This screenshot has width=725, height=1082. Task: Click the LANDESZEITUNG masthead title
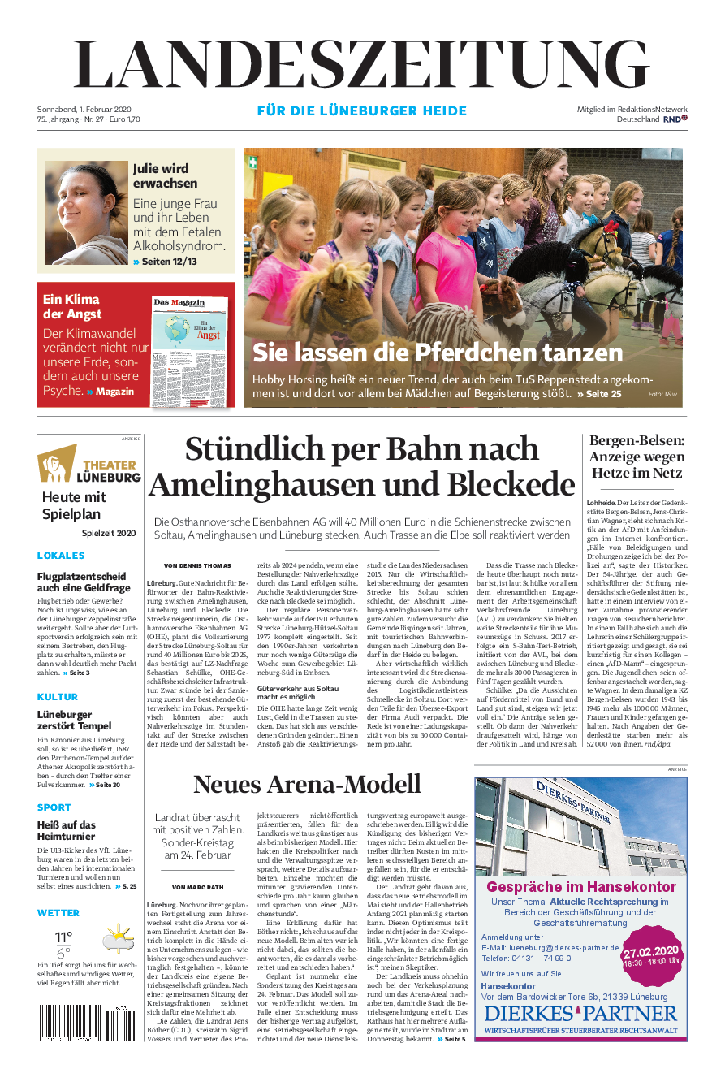coord(362,65)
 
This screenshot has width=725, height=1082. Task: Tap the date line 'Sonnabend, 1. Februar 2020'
coord(84,109)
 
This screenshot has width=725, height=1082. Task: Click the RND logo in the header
coord(675,119)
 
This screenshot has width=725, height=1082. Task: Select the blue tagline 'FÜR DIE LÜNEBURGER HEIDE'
coord(362,110)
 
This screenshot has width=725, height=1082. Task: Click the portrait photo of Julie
coord(86,211)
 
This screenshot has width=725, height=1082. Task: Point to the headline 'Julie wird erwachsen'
coord(166,175)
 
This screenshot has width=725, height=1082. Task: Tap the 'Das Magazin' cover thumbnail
coord(191,346)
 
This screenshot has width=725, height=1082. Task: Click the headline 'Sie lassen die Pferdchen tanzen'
coord(437,352)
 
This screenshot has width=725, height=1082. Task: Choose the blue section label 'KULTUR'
coord(58,697)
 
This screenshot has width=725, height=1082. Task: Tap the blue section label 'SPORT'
coord(54,807)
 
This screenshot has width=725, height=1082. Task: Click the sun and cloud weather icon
coord(118,939)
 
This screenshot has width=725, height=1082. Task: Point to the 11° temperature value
coord(63,937)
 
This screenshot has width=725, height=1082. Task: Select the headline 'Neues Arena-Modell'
coord(307,784)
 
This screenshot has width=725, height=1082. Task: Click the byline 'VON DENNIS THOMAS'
coord(197,565)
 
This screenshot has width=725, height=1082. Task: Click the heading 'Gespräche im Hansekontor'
coord(580,886)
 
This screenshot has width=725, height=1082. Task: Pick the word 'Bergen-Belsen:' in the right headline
coord(637,440)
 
